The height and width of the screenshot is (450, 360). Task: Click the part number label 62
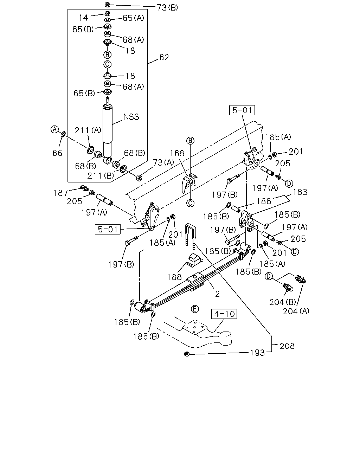click(164, 57)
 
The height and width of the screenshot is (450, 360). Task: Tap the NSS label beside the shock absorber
click(131, 117)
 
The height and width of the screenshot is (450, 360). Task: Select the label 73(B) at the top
click(167, 8)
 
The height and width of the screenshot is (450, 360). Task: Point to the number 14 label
click(83, 18)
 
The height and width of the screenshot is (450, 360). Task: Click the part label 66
click(57, 153)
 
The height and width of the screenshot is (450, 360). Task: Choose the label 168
click(177, 153)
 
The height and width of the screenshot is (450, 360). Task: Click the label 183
click(300, 192)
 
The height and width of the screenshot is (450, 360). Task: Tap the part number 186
click(264, 201)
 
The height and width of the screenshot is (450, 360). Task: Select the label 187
click(60, 193)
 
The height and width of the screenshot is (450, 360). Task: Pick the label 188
click(174, 277)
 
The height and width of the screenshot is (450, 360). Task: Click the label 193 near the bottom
click(257, 353)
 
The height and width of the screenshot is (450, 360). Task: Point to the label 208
click(287, 346)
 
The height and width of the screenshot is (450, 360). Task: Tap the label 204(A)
click(296, 311)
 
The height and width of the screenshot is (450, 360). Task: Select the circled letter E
click(195, 309)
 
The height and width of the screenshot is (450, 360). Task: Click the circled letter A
click(54, 129)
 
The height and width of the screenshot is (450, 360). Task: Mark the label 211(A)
click(88, 130)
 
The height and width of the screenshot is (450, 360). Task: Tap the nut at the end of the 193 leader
click(187, 354)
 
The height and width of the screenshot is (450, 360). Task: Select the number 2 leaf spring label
click(217, 294)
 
